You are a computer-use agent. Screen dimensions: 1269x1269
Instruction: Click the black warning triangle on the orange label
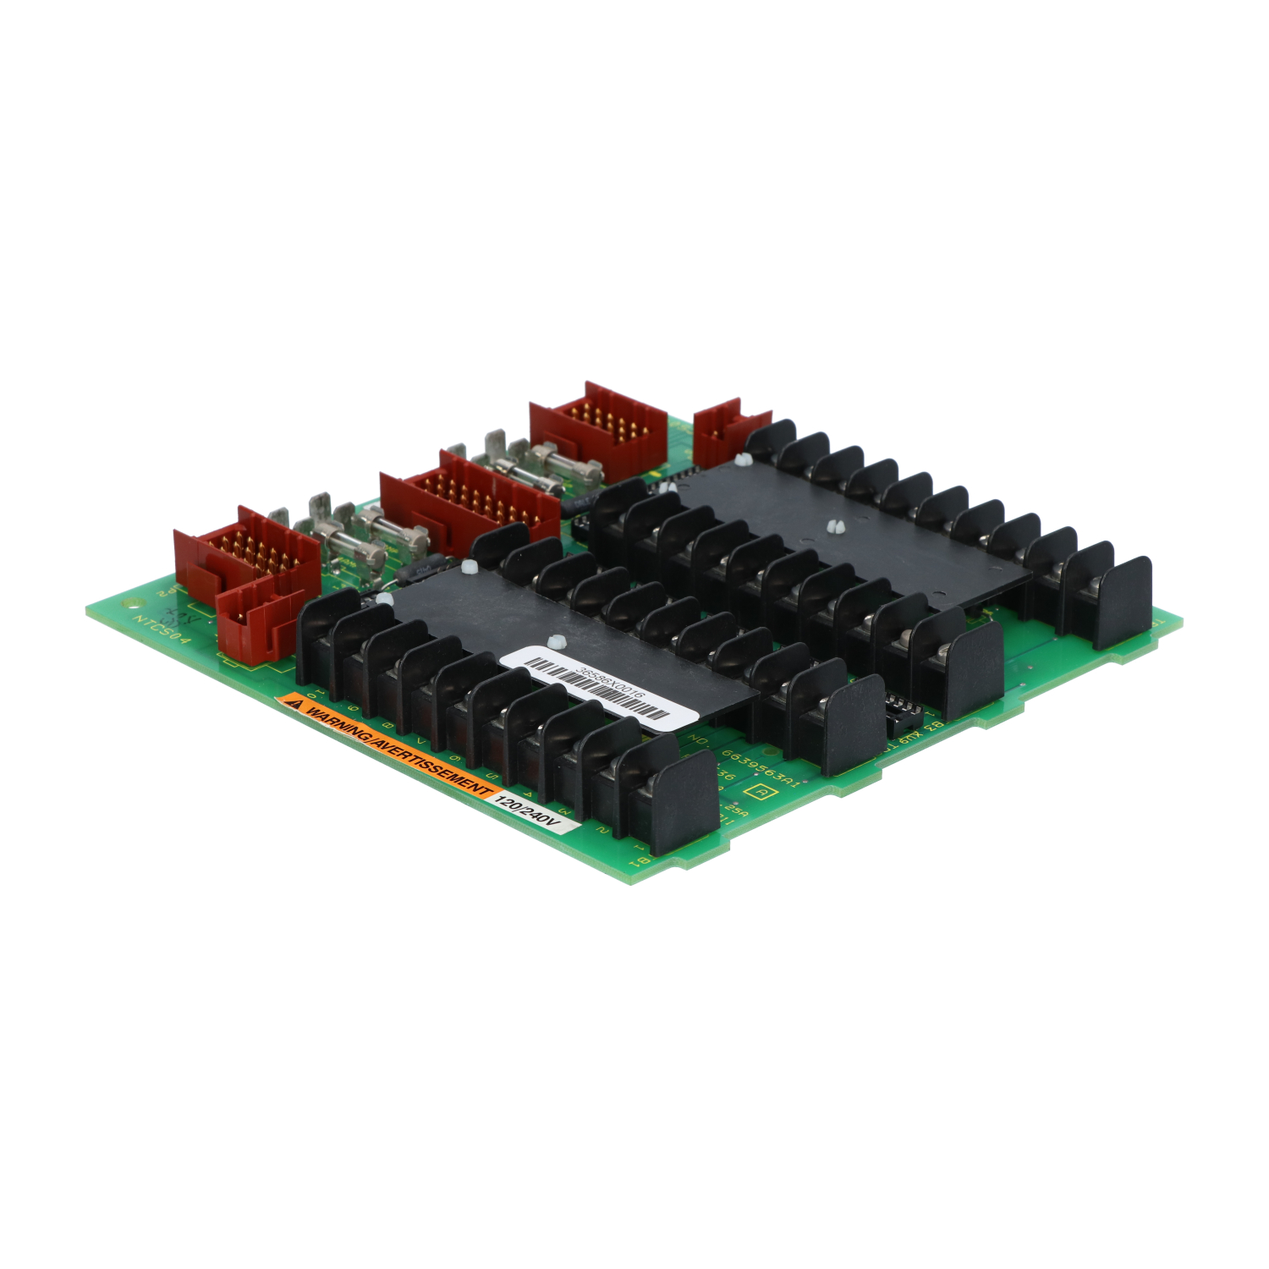click(295, 702)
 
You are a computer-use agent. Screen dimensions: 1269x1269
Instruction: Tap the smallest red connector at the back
click(729, 431)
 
